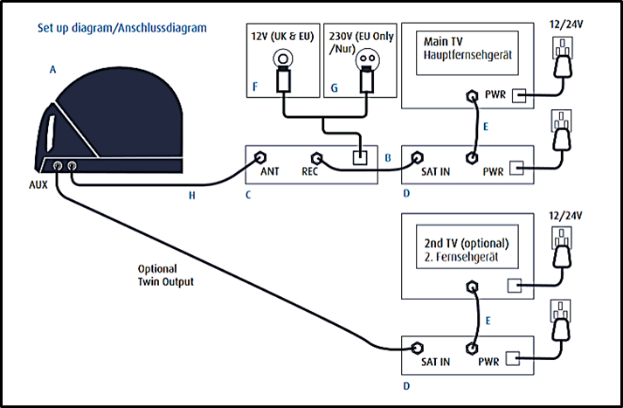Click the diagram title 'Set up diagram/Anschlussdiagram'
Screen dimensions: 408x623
[122, 28]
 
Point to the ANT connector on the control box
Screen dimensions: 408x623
[260, 159]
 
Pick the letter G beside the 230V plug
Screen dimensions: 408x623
[333, 88]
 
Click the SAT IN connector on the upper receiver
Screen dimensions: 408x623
[415, 159]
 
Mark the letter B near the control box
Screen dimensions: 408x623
[386, 159]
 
